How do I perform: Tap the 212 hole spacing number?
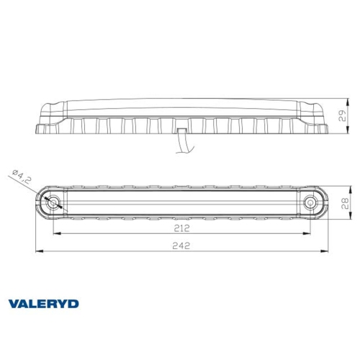point(181,229)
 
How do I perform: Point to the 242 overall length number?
point(181,246)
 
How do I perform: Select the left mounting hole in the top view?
point(53,204)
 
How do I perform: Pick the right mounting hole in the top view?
point(310,204)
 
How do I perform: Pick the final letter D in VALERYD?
point(74,303)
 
